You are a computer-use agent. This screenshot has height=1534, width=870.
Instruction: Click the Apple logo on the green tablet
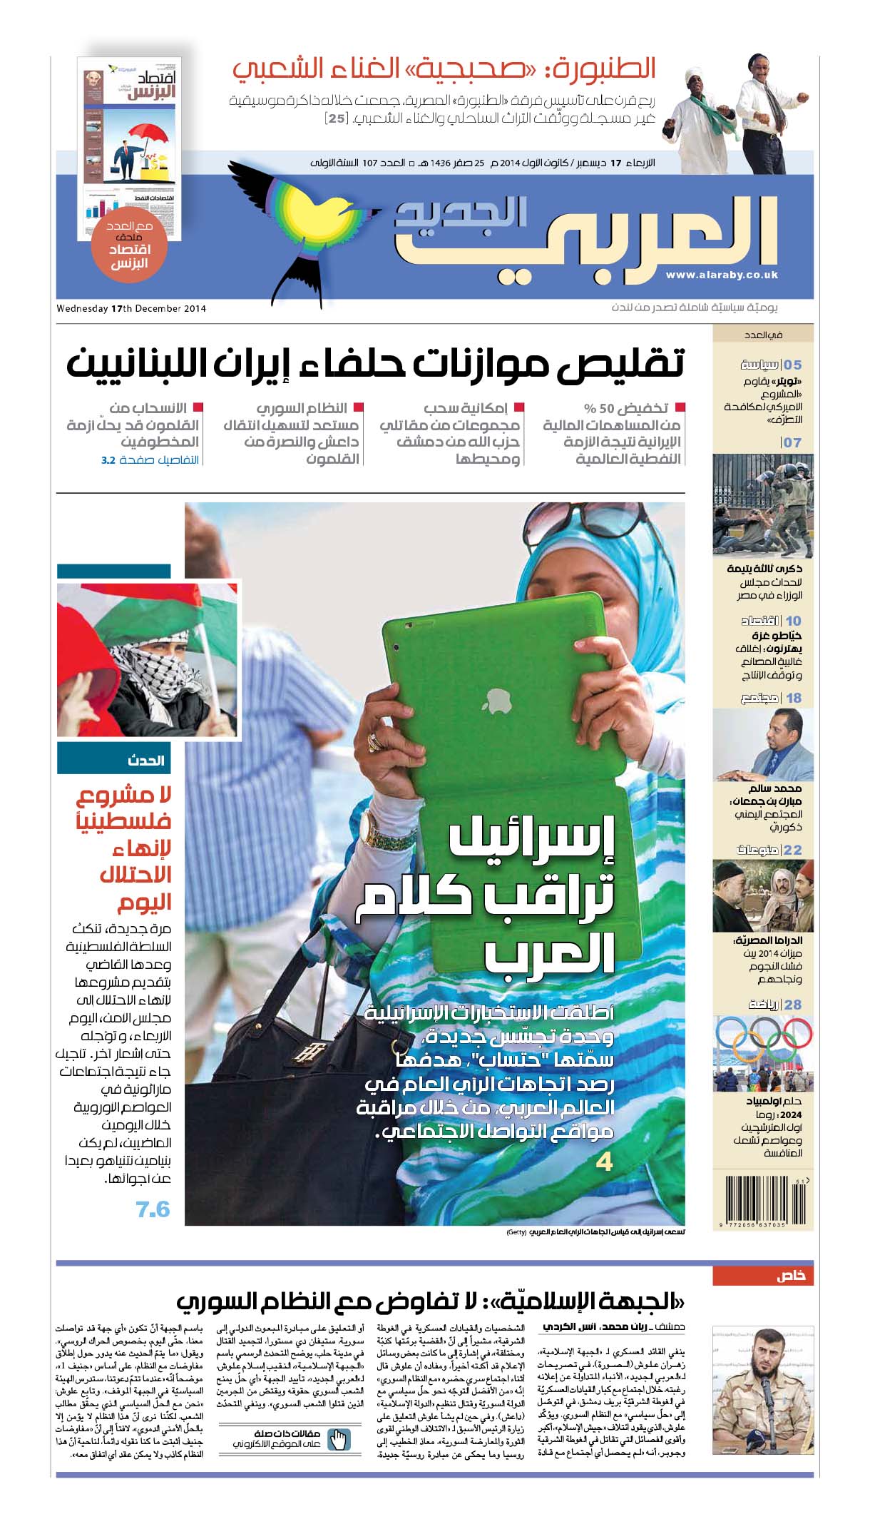[497, 701]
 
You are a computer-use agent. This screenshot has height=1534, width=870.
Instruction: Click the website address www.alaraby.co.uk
[722, 275]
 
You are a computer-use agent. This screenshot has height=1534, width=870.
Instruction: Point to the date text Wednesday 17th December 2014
[131, 309]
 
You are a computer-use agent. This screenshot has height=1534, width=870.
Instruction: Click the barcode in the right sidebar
[763, 1202]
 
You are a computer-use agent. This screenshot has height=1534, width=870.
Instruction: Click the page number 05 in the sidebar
[793, 365]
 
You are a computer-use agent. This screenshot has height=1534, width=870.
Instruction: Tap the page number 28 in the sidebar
[793, 1005]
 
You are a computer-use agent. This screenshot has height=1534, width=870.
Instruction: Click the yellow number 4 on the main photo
[604, 1162]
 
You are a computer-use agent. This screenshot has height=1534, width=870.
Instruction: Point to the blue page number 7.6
[153, 1209]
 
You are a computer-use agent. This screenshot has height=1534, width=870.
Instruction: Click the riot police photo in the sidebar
[763, 505]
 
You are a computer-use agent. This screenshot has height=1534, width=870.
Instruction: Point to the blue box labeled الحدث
[114, 760]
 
